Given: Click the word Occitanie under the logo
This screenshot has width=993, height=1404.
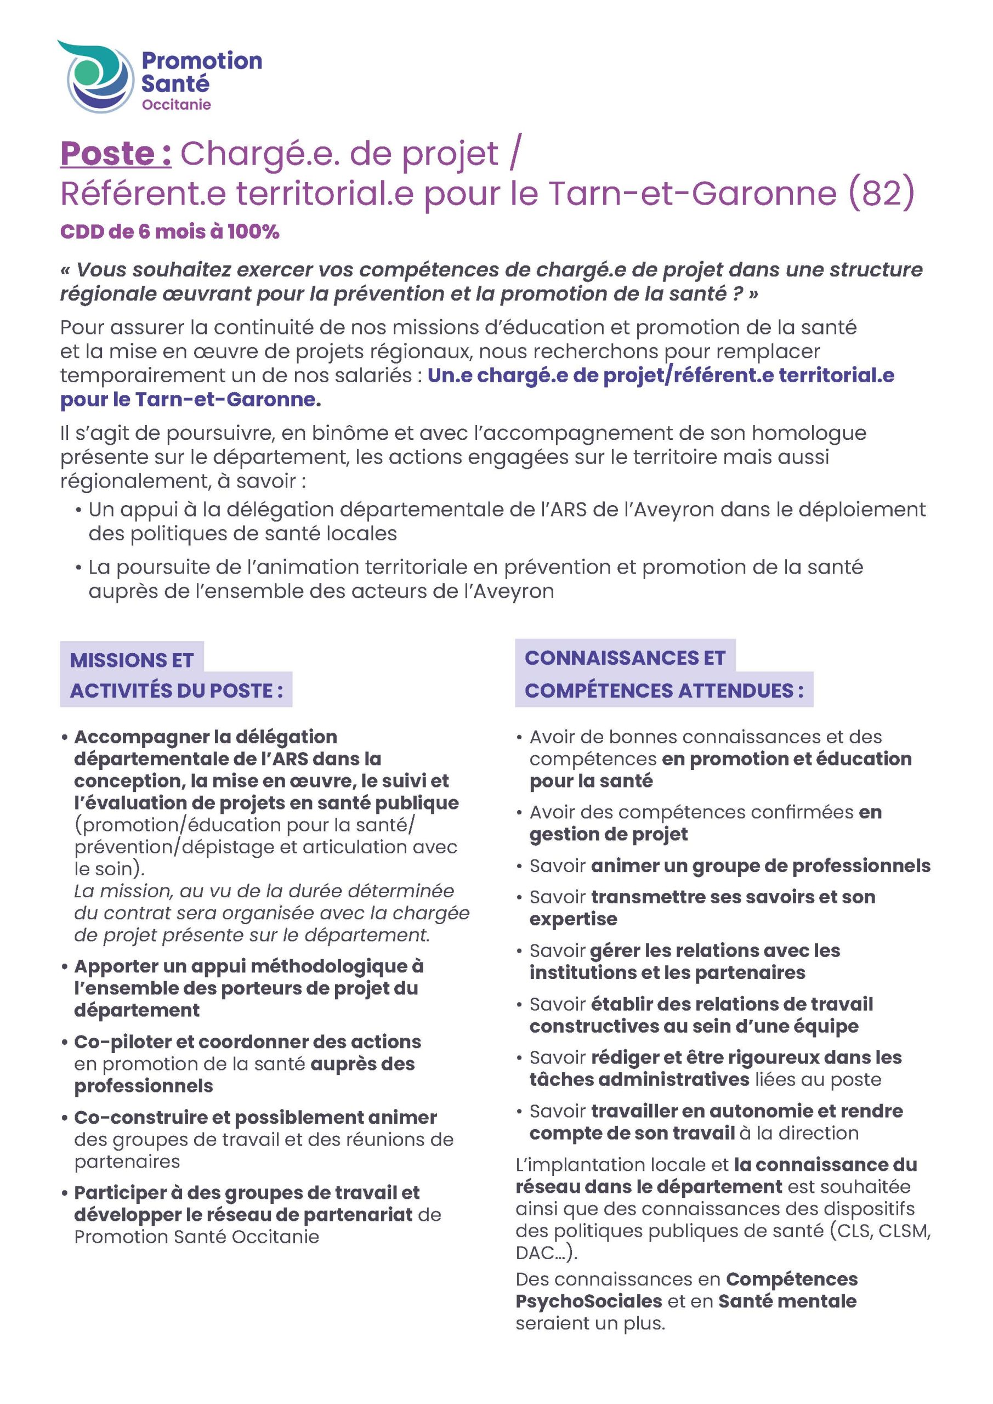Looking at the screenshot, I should click(176, 105).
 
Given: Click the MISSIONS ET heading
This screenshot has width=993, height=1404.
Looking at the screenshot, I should click(132, 660).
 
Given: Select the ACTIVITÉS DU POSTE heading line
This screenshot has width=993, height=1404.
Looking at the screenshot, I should click(176, 690).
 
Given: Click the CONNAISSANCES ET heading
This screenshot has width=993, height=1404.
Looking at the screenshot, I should click(625, 658).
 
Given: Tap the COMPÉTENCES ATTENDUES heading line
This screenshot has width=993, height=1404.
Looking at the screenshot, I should click(664, 690).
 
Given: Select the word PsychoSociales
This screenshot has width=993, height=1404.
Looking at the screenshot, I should click(589, 1301).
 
